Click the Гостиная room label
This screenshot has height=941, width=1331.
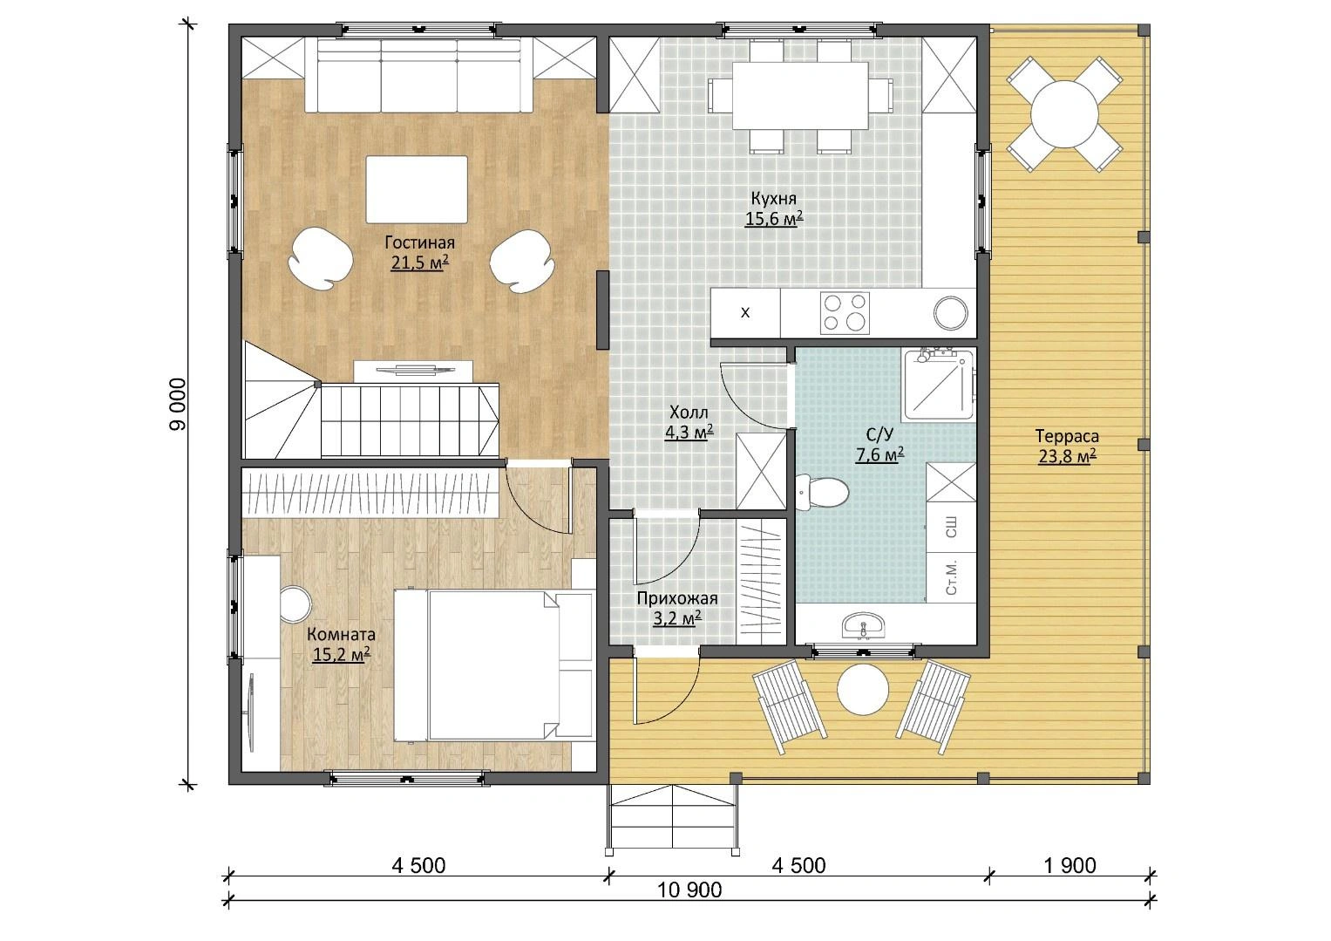tap(419, 242)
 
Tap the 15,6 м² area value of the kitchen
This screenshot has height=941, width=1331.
tap(774, 219)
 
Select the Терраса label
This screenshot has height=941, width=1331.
tap(1067, 436)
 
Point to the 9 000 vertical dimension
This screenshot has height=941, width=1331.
tap(178, 404)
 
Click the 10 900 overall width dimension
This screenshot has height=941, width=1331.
tap(689, 890)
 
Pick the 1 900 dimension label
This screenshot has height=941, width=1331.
tap(1070, 865)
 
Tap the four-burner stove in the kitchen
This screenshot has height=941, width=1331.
tap(845, 313)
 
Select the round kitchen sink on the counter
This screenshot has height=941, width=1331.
tap(950, 313)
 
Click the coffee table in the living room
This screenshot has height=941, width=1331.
tap(417, 189)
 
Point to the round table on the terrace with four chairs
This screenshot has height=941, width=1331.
tap(1064, 114)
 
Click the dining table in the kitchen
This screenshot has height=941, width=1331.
tap(800, 96)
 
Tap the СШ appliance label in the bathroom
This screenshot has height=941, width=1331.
tap(951, 528)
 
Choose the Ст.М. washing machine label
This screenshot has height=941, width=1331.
tap(951, 577)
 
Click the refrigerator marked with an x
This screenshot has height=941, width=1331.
tap(746, 313)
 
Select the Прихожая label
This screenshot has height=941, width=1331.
tap(677, 598)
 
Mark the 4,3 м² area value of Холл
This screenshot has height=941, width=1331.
tap(689, 433)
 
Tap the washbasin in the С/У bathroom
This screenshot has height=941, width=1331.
tap(864, 626)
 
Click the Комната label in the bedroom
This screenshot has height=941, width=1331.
tap(341, 634)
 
